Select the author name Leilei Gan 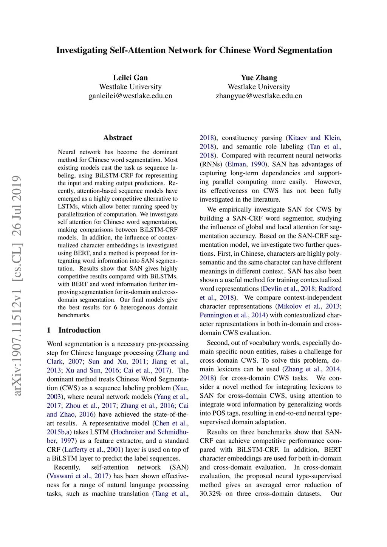[130, 77]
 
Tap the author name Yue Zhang [259, 77]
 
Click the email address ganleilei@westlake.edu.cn [130, 96]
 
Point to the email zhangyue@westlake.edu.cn [259, 96]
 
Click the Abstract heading [118, 138]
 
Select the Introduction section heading [79, 330]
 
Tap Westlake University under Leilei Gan [130, 87]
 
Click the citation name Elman [237, 164]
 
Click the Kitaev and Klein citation [314, 138]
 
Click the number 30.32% [211, 494]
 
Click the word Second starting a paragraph [218, 343]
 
